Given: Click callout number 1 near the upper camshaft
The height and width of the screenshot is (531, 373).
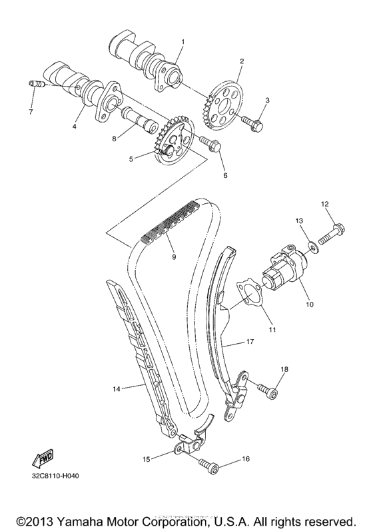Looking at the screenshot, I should click(183, 41).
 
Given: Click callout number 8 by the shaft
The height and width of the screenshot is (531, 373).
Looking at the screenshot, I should click(114, 139).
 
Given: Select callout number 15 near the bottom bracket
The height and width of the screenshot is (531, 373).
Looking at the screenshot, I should click(145, 458).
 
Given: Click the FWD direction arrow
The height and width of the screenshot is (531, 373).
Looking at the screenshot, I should click(42, 458).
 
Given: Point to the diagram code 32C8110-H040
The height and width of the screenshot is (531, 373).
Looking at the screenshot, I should click(55, 476).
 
